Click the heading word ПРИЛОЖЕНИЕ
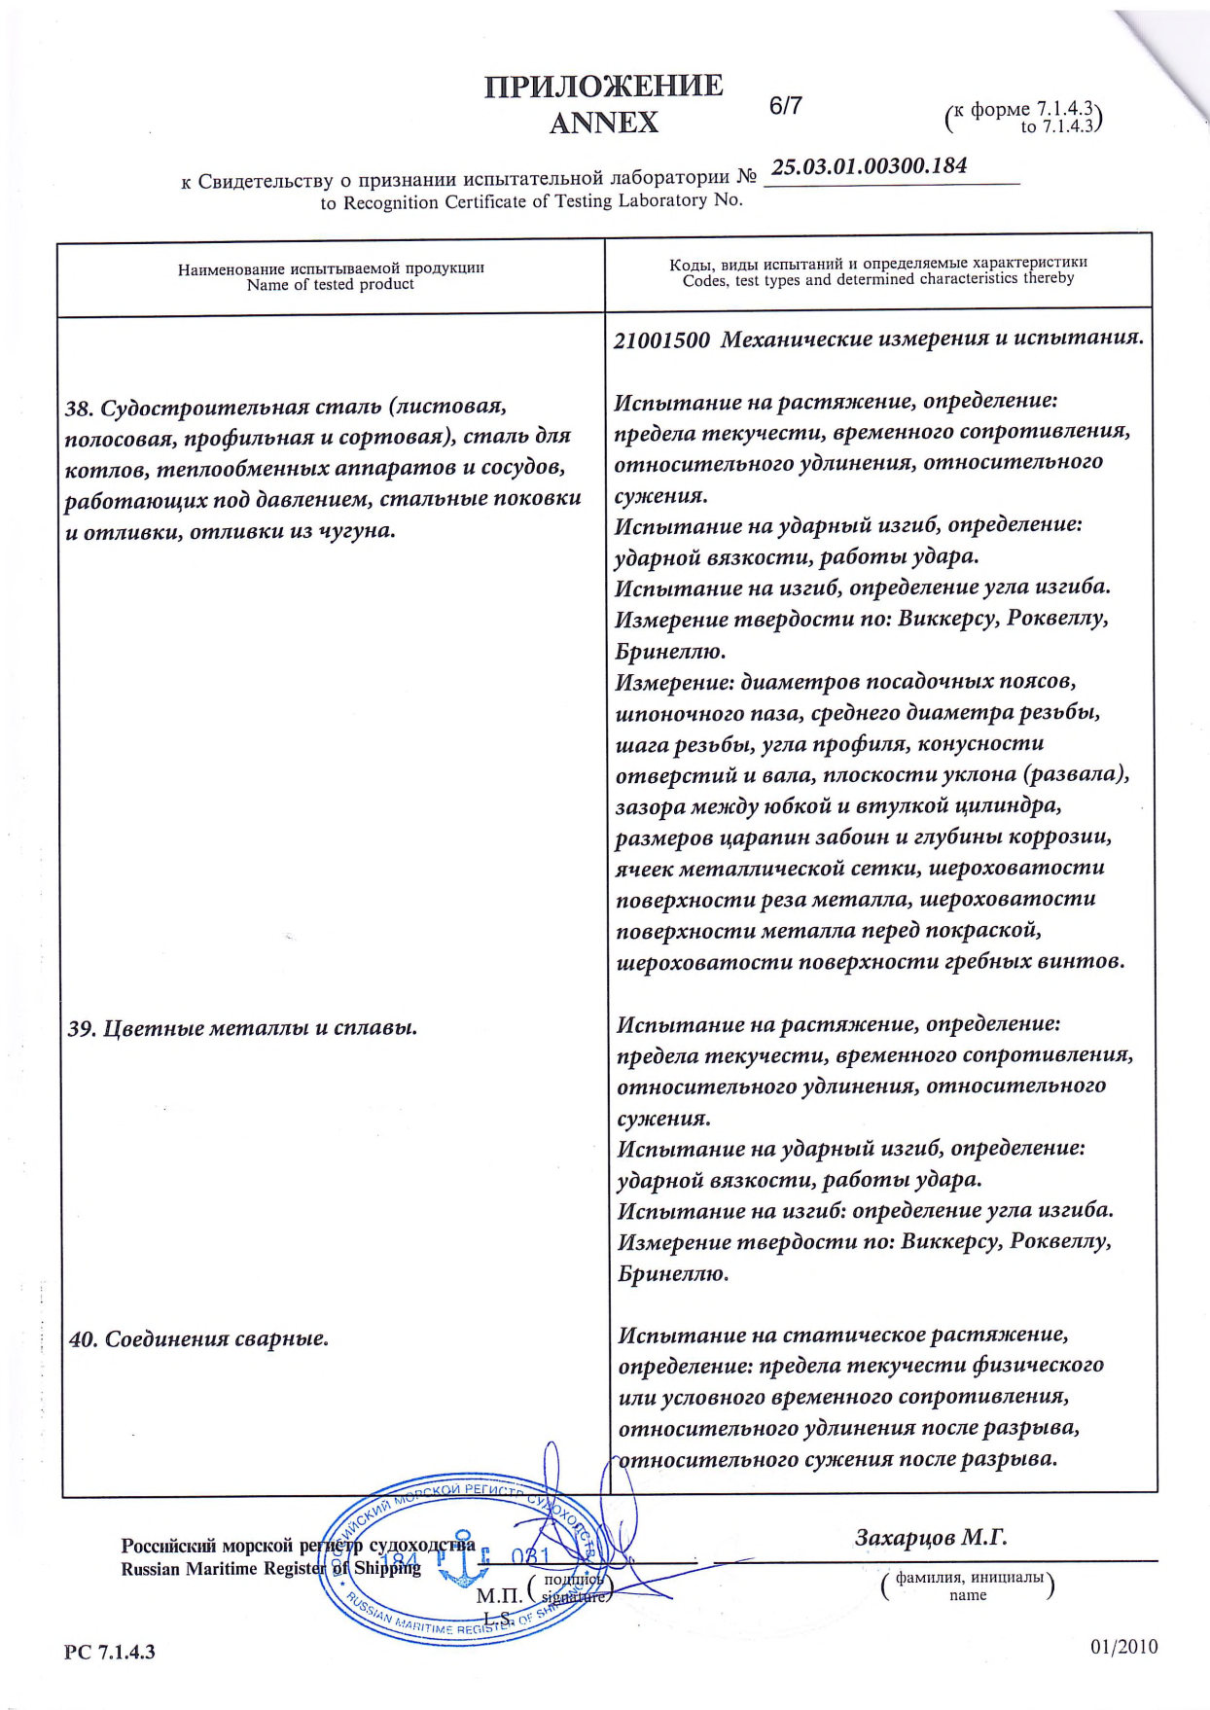pos(604,87)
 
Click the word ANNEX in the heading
pos(604,124)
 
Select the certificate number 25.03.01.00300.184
pos(869,165)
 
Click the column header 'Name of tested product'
pos(330,285)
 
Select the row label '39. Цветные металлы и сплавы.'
pos(242,1028)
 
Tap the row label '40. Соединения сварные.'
pos(198,1339)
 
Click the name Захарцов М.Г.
pos(931,1538)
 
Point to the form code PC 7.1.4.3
pos(110,1653)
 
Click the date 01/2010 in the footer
pos(1124,1647)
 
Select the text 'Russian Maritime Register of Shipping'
pos(270,1569)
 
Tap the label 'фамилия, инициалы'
pos(969,1578)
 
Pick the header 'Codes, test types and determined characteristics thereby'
pos(878,279)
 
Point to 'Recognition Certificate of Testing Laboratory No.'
pos(531,201)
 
